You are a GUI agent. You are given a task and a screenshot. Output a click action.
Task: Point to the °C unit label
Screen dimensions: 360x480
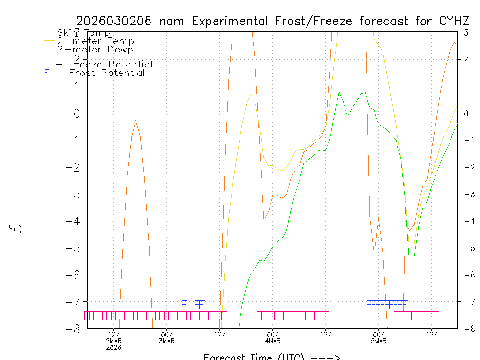click(x=15, y=229)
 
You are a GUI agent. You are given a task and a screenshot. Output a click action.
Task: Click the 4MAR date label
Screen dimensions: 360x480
click(x=273, y=341)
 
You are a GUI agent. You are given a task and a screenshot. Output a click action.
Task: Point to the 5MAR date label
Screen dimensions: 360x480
click(x=379, y=341)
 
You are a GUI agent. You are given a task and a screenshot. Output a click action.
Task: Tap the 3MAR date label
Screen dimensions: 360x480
click(x=167, y=341)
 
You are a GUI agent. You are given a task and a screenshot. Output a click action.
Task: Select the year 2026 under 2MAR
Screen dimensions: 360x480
click(x=114, y=347)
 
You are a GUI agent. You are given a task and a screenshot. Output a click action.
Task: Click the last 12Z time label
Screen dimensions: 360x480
click(x=432, y=334)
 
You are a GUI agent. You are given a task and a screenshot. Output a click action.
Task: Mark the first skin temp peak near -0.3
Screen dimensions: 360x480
click(x=135, y=120)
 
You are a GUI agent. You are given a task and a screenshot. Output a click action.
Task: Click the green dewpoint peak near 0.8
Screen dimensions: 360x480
click(x=339, y=92)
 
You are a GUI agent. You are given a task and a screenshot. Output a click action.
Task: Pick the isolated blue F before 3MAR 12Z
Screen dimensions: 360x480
click(x=184, y=305)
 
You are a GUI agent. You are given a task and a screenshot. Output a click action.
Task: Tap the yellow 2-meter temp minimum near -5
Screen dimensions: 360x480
click(x=409, y=248)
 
